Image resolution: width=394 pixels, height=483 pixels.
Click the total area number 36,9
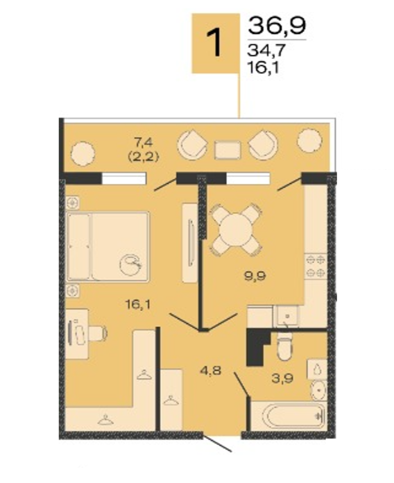tap(277, 26)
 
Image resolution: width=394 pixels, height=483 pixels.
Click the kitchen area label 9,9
tap(255, 276)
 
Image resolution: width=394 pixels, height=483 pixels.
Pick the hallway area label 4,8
tap(211, 371)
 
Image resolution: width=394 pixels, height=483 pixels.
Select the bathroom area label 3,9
tap(282, 379)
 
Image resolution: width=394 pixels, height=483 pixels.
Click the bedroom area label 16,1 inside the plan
tap(138, 305)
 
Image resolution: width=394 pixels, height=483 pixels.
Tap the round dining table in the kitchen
tap(236, 230)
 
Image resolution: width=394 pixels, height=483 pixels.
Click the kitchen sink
tap(287, 316)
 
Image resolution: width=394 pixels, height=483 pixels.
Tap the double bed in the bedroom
tap(108, 246)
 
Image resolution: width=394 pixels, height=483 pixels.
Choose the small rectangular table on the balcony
tap(228, 150)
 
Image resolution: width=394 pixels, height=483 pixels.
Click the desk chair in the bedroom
tap(98, 333)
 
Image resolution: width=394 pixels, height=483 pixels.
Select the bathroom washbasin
tap(319, 390)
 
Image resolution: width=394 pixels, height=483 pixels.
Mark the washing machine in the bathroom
tap(317, 369)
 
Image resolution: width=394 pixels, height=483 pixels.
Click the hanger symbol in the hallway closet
tap(171, 400)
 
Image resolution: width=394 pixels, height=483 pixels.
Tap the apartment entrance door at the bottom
tap(217, 443)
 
